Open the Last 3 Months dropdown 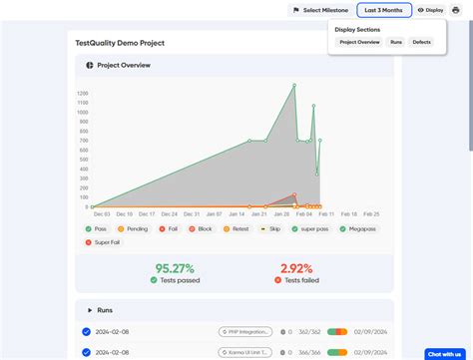tap(383, 10)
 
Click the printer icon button tap(456, 10)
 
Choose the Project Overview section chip tap(359, 43)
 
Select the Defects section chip tap(421, 43)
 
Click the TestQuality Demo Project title tap(120, 44)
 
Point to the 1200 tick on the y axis tap(82, 93)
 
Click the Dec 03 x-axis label tap(102, 213)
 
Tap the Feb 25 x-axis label tap(370, 213)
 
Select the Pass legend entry tap(96, 229)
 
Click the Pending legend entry tap(133, 229)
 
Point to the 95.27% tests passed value tap(175, 268)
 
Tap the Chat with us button tap(444, 353)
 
